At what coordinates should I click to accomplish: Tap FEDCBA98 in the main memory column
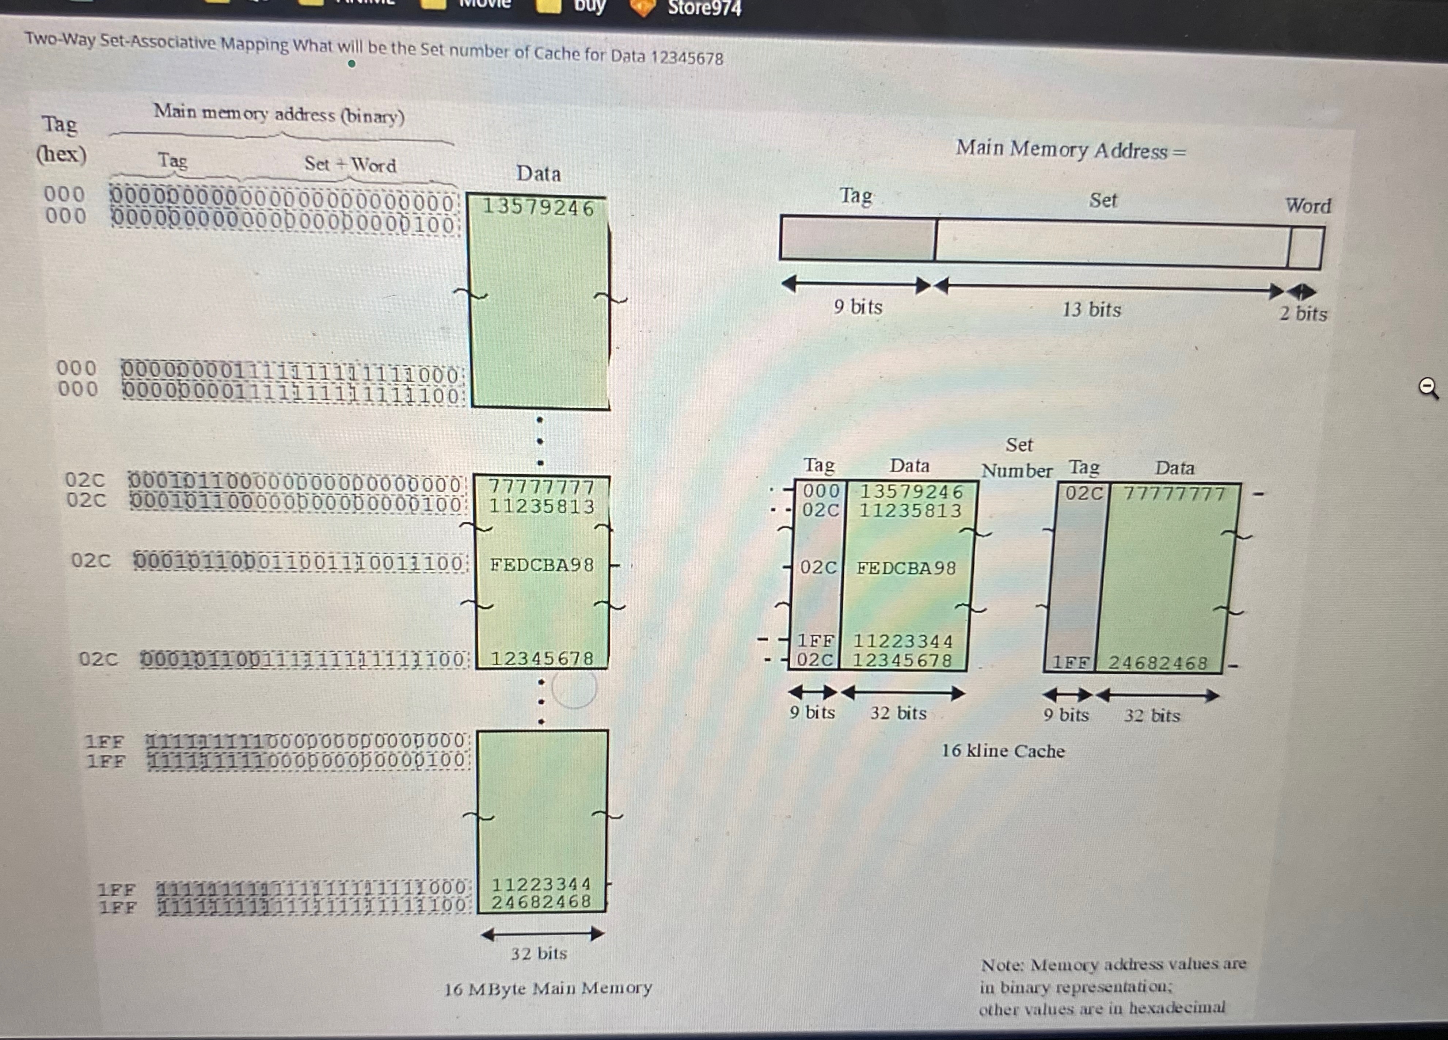tap(542, 565)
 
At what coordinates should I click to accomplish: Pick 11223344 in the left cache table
tap(903, 641)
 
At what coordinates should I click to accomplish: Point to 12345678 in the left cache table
tap(902, 660)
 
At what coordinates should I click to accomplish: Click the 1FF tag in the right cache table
tap(1070, 663)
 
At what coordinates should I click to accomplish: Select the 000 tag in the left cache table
tap(821, 491)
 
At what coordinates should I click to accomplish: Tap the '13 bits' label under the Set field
tap(1091, 310)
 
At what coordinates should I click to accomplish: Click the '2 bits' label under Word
tap(1303, 313)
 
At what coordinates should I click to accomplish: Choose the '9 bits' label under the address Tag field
tap(858, 307)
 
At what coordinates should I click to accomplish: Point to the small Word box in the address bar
tap(1304, 248)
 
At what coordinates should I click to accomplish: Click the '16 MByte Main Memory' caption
tap(548, 988)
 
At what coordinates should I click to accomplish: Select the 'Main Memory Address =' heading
tap(1071, 150)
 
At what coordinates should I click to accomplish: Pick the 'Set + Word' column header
tap(350, 165)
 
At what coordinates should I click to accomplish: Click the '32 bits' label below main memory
tap(538, 953)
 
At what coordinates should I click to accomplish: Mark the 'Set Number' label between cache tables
tap(1018, 458)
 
